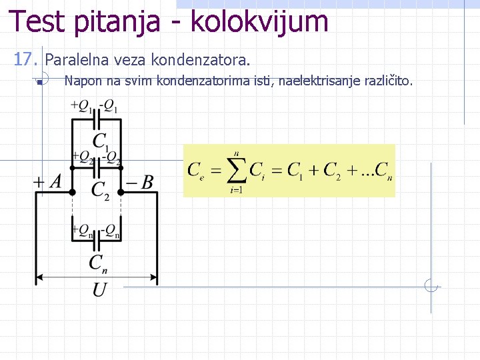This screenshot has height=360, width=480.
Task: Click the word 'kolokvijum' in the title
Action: [259, 21]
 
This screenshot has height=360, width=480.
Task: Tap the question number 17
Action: [26, 61]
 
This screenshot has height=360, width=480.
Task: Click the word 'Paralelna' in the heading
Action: [71, 61]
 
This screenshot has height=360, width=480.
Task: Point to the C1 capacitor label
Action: [101, 142]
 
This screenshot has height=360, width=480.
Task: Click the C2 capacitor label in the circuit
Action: [101, 191]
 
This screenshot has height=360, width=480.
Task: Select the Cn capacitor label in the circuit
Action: [98, 263]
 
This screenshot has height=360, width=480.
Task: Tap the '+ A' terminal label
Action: [48, 181]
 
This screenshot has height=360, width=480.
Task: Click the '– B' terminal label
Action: [141, 181]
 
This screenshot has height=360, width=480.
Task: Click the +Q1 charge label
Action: [81, 105]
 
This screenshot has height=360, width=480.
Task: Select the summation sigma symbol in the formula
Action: [235, 171]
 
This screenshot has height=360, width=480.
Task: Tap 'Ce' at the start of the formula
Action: [197, 171]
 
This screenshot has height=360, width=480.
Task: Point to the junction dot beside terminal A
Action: [73, 192]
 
